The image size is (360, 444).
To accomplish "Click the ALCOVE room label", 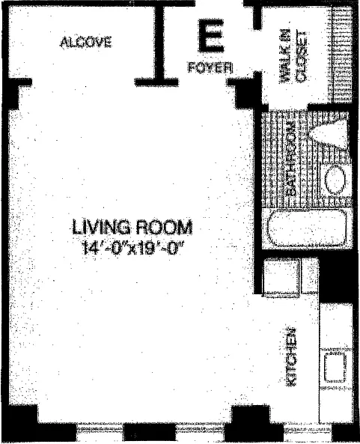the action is pos(86,42).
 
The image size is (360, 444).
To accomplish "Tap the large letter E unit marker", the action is pos(211,35).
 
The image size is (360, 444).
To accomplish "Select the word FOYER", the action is pos(210,67).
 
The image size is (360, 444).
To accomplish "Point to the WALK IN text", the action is pos(284,56).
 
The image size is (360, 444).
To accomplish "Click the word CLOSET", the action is pos(301,56).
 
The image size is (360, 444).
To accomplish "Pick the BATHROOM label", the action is pos(290,159).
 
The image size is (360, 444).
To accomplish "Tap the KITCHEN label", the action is pos(290,357).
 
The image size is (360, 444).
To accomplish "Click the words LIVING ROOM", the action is pos(132,227).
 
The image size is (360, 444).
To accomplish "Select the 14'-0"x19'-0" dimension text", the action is pos(133,249).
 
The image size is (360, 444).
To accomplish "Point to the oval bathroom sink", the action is pos(335,180).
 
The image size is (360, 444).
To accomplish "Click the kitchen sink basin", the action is pos(335,368).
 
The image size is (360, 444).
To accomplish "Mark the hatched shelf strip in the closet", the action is pos(341,54).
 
